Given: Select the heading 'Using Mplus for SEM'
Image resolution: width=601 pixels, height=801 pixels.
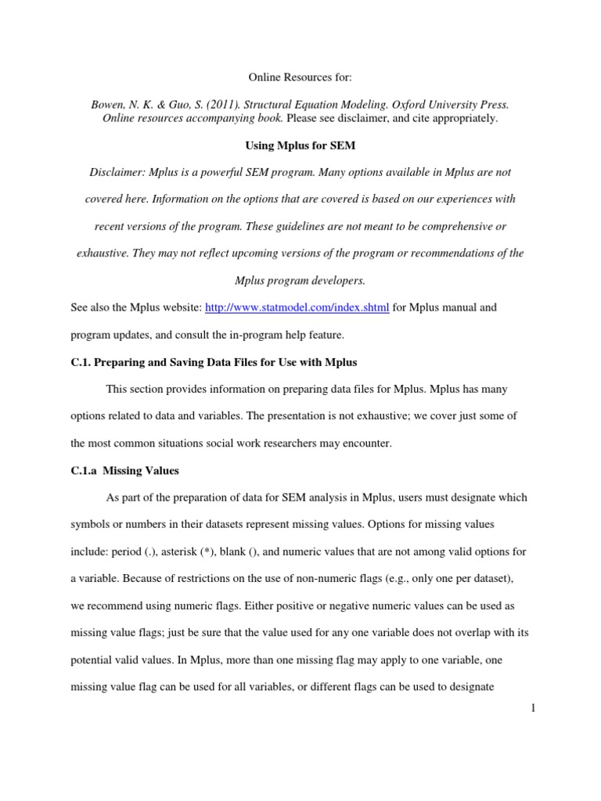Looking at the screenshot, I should [x=300, y=145].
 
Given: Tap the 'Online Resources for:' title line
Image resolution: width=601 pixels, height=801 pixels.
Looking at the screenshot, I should [x=300, y=77].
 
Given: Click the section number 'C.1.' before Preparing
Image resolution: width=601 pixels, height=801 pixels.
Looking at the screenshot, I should [x=81, y=362].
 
